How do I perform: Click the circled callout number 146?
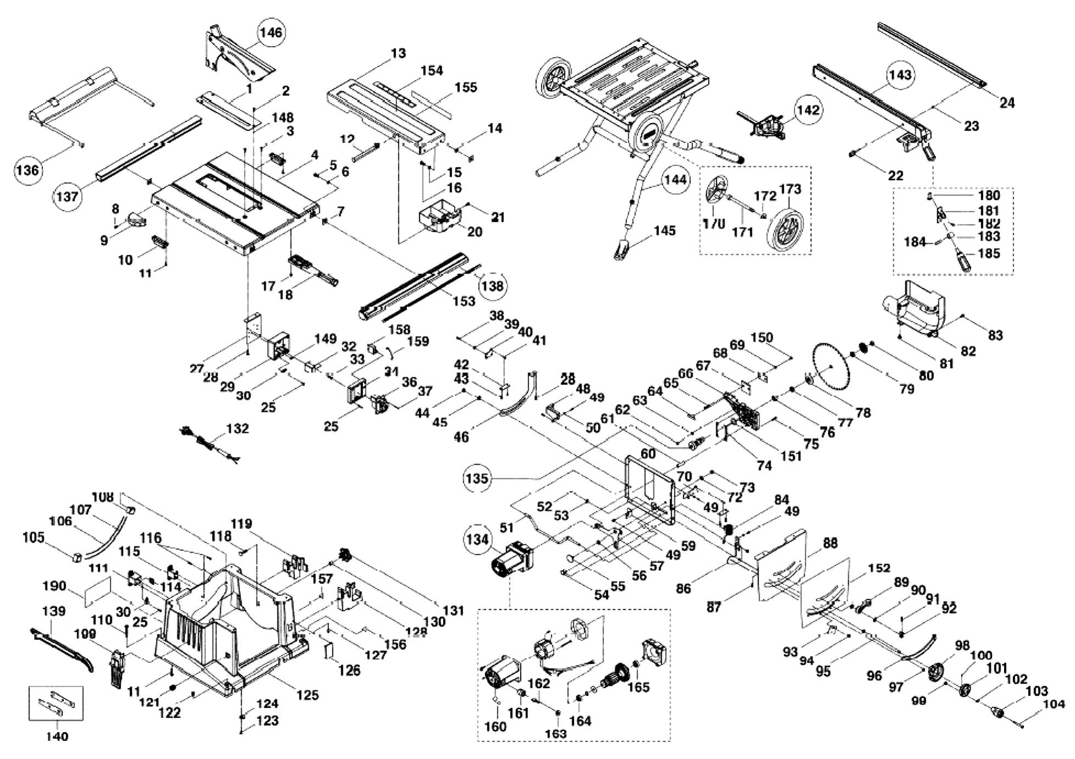[271, 32]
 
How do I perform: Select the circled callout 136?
[27, 170]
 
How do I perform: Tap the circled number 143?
[900, 75]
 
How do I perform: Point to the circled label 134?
[477, 539]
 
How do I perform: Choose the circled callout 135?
[476, 478]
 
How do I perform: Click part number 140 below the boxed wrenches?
[57, 736]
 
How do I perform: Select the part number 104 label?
[1054, 704]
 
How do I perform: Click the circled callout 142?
[807, 110]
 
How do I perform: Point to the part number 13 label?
[398, 53]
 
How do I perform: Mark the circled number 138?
[492, 286]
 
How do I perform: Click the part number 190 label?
[54, 586]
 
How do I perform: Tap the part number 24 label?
[1007, 102]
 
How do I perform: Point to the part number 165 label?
[638, 687]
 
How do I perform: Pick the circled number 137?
[67, 196]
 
